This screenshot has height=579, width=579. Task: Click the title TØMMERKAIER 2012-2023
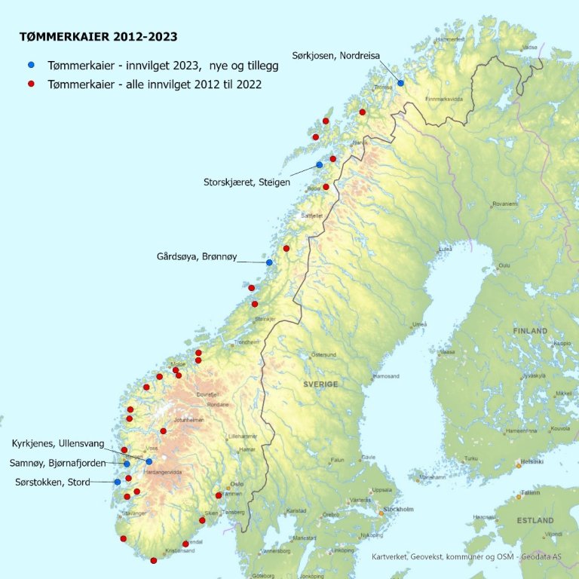(x=99, y=35)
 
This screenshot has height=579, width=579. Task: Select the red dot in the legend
(x=31, y=84)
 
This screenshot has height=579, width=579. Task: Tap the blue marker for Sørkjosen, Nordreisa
(x=401, y=83)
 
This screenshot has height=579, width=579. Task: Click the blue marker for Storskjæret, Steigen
(x=319, y=164)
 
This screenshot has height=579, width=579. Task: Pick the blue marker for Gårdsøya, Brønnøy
(x=269, y=262)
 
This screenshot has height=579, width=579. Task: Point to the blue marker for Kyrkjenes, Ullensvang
(x=149, y=461)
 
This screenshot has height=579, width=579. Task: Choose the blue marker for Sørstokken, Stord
(x=117, y=482)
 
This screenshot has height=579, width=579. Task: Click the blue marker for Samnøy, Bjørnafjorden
(x=127, y=464)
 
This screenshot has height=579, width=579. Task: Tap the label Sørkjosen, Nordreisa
(x=336, y=54)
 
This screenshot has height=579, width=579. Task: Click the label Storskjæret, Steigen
(x=247, y=182)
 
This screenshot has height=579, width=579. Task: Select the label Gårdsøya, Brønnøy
(x=197, y=257)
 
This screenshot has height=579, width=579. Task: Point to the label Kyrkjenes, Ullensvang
(x=58, y=443)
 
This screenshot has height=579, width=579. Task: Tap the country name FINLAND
(x=530, y=331)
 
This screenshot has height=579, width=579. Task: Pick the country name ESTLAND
(x=535, y=520)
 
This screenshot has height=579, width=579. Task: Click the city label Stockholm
(x=399, y=509)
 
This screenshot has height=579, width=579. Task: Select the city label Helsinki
(x=532, y=461)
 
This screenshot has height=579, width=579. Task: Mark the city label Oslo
(x=237, y=484)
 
